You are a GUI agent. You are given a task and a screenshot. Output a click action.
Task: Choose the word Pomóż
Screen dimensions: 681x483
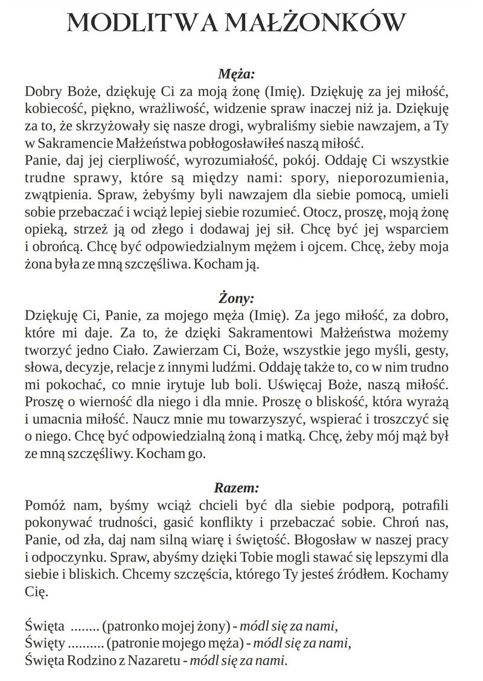(x=44, y=505)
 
